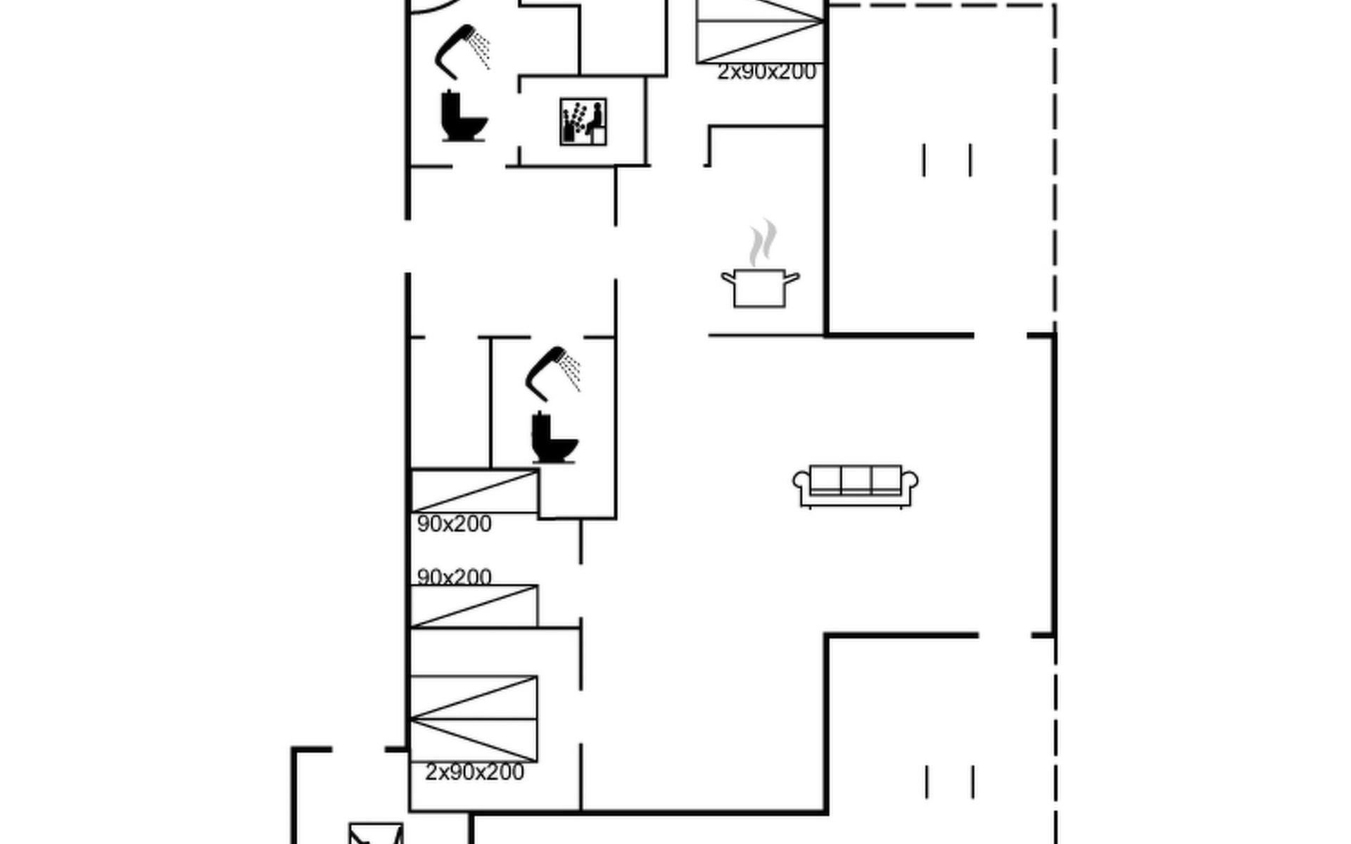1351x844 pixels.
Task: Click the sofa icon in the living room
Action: [x=855, y=485]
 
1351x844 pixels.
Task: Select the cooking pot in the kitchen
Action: [x=759, y=288]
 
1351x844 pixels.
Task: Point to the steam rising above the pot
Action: [x=763, y=243]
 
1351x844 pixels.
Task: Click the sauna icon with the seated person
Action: [x=583, y=122]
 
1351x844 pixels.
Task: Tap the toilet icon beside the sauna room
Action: [x=463, y=117]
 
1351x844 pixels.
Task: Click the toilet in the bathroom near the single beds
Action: [x=553, y=439]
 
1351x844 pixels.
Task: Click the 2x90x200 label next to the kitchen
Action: [x=766, y=72]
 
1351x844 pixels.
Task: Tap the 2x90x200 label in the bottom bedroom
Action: [x=474, y=772]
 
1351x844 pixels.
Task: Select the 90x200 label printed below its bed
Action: [x=454, y=524]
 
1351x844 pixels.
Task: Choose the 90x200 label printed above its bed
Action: [x=454, y=577]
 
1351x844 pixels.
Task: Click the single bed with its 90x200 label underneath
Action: [x=474, y=491]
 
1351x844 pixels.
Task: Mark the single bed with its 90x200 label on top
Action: [x=474, y=606]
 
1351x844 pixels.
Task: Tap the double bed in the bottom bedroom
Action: [x=474, y=719]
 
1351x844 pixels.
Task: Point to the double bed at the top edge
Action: [x=760, y=32]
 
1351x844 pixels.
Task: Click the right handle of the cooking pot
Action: [x=792, y=278]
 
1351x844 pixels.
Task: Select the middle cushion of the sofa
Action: [x=856, y=480]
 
